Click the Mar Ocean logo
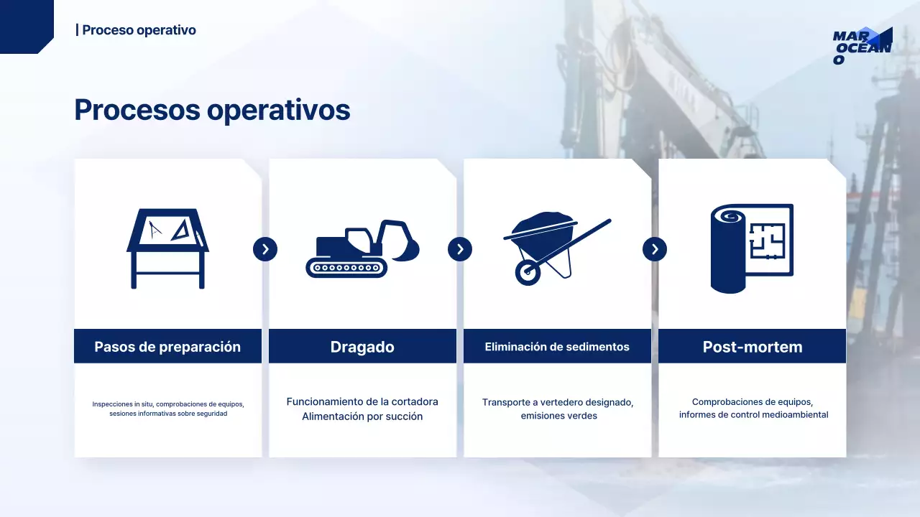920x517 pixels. tap(862, 46)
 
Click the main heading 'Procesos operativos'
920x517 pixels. tap(212, 110)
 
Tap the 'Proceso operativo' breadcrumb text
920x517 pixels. tap(136, 30)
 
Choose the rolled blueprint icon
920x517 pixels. tap(752, 248)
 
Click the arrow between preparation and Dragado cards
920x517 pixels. tap(265, 249)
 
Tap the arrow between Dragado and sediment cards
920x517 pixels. tap(460, 249)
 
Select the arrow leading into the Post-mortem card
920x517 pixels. tap(655, 249)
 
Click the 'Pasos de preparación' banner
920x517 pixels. tap(167, 347)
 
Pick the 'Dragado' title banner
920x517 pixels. tap(362, 347)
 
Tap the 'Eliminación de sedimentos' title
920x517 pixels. tap(557, 347)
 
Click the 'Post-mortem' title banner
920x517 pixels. tap(752, 347)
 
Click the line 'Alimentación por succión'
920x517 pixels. tap(362, 416)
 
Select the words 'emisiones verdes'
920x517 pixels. tap(558, 416)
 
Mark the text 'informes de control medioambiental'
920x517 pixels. tap(753, 414)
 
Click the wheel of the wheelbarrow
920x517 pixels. tap(528, 272)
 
